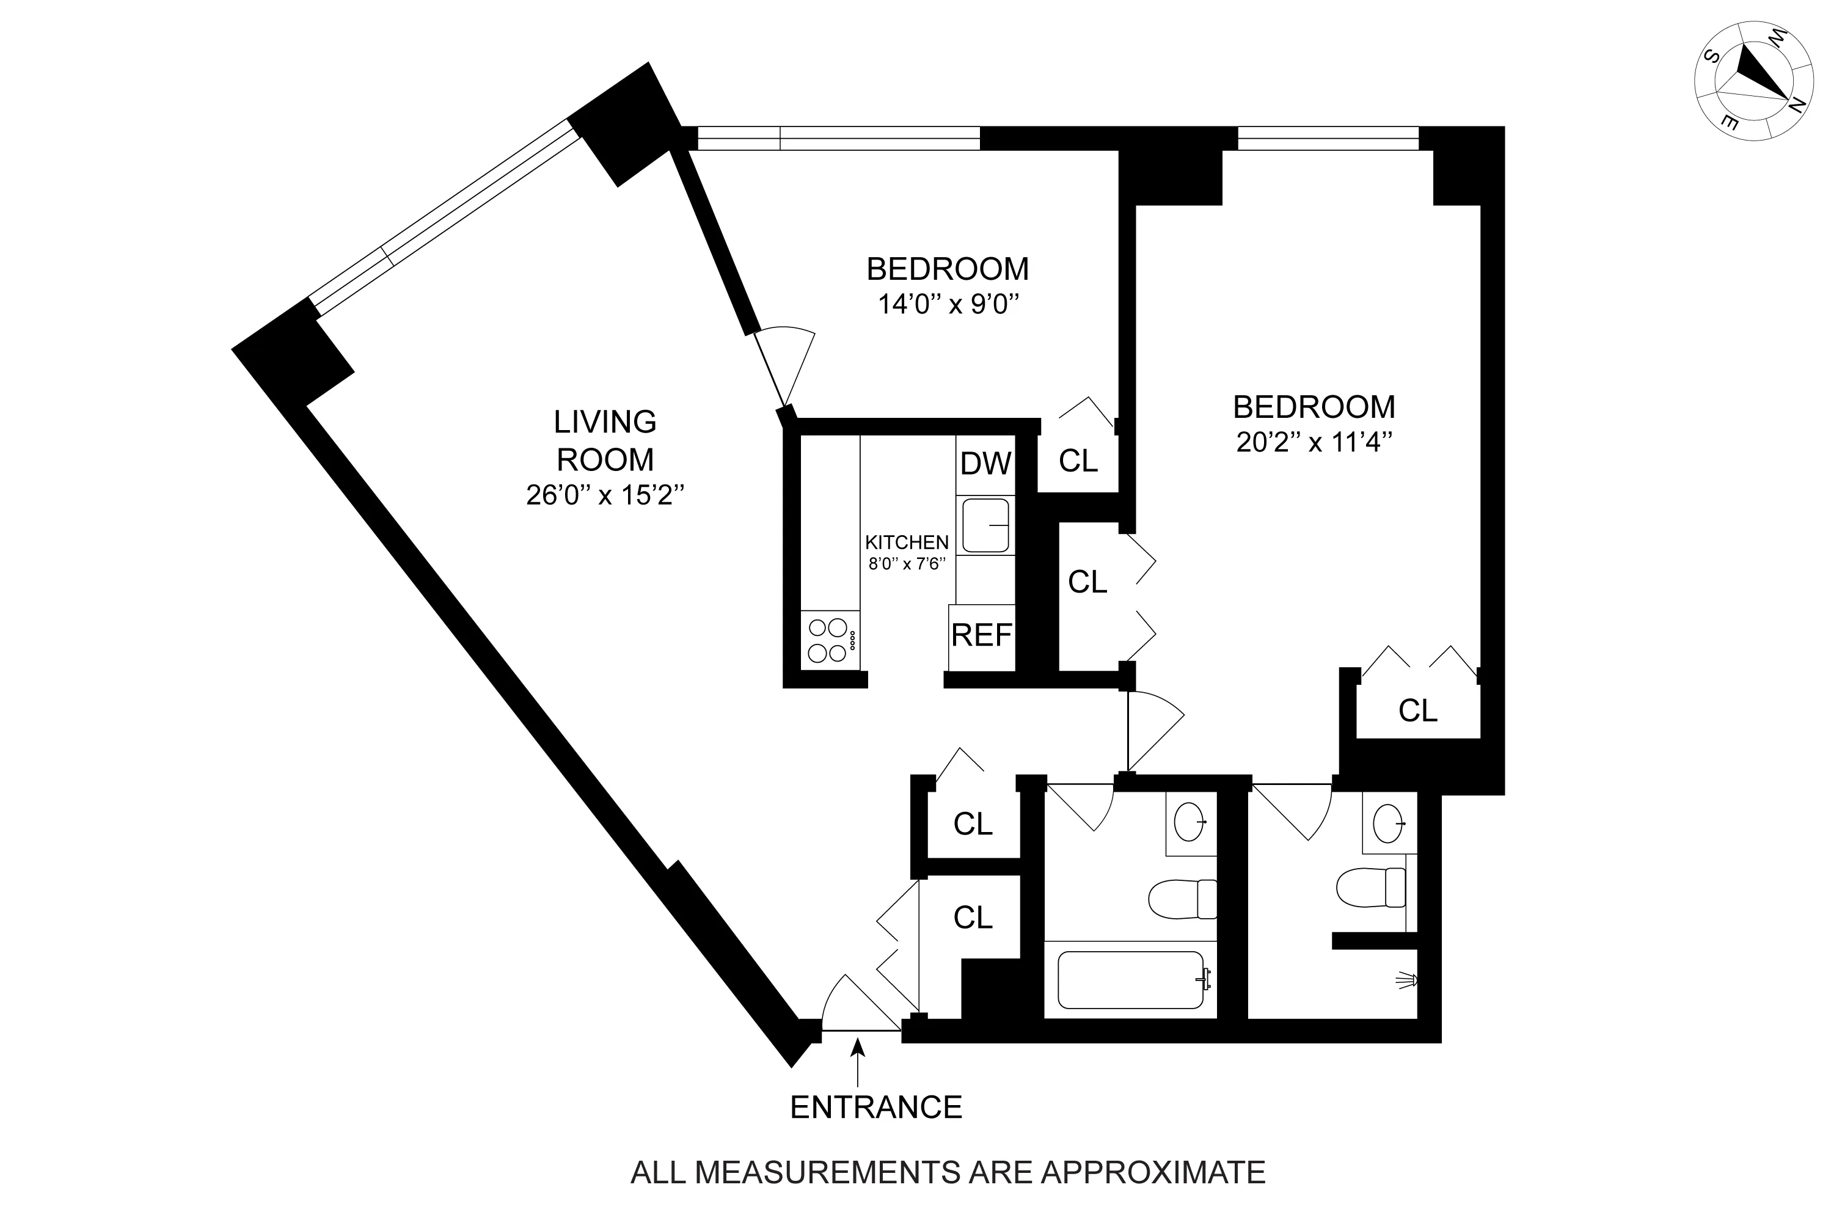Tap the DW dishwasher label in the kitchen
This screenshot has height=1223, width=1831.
coord(985,464)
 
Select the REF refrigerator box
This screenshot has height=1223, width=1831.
coord(982,637)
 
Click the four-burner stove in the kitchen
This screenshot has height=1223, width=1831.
coord(829,640)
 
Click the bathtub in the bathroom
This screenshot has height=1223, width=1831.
coord(1130,980)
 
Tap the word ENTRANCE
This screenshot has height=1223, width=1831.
coord(875,1108)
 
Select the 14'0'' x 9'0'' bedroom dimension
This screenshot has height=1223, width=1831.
coord(948,304)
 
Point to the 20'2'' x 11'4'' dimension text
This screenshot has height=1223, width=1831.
coord(1314,442)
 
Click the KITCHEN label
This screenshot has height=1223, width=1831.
coord(907,542)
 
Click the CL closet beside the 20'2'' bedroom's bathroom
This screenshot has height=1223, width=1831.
coord(1417,710)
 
